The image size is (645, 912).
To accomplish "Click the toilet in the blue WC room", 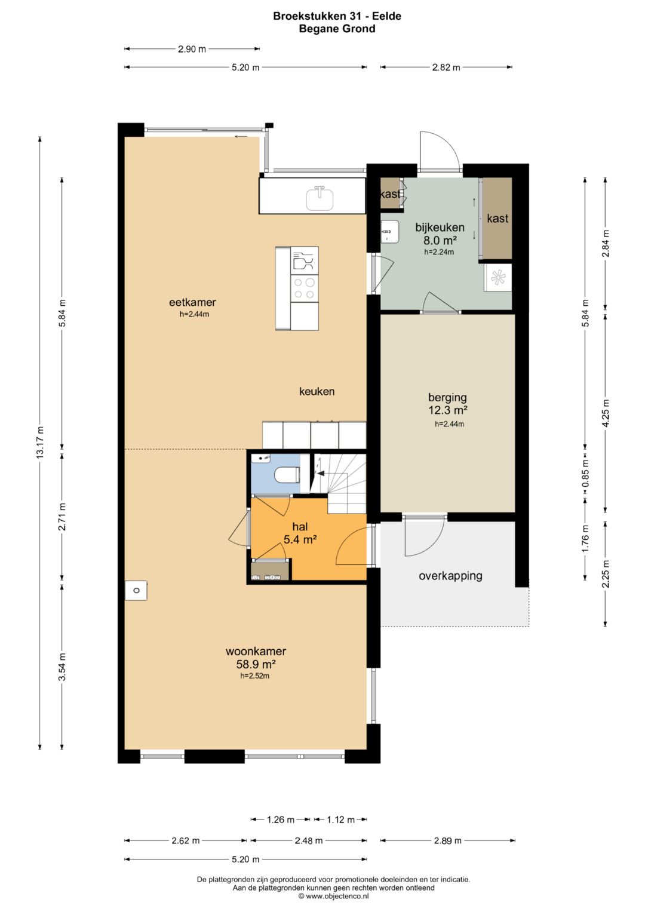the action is coord(287,475).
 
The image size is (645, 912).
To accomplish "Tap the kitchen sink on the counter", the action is coord(320,198).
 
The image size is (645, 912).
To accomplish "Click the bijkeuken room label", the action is coord(440,227).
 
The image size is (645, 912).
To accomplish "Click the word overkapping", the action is coord(450,576).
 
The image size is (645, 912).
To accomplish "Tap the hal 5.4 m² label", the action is coord(300,533).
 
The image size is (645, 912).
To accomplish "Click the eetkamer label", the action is coord(192,303).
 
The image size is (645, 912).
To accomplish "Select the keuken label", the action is coord(317,392).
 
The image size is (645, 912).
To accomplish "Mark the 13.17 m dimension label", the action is coord(40,443).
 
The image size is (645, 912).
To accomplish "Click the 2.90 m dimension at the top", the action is coord(192,49).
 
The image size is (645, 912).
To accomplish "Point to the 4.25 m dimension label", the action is coord(606,413).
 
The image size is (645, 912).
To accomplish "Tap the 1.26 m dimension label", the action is coord(281,819).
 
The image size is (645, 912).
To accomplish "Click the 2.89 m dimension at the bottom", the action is coord(447,841).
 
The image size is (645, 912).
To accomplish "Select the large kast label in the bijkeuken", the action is coord(497,219).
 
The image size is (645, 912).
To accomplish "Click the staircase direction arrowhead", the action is coord(320,474).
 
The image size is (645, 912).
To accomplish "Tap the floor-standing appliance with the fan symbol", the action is coord(497,278).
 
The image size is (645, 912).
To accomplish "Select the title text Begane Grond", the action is coord(337,29).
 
